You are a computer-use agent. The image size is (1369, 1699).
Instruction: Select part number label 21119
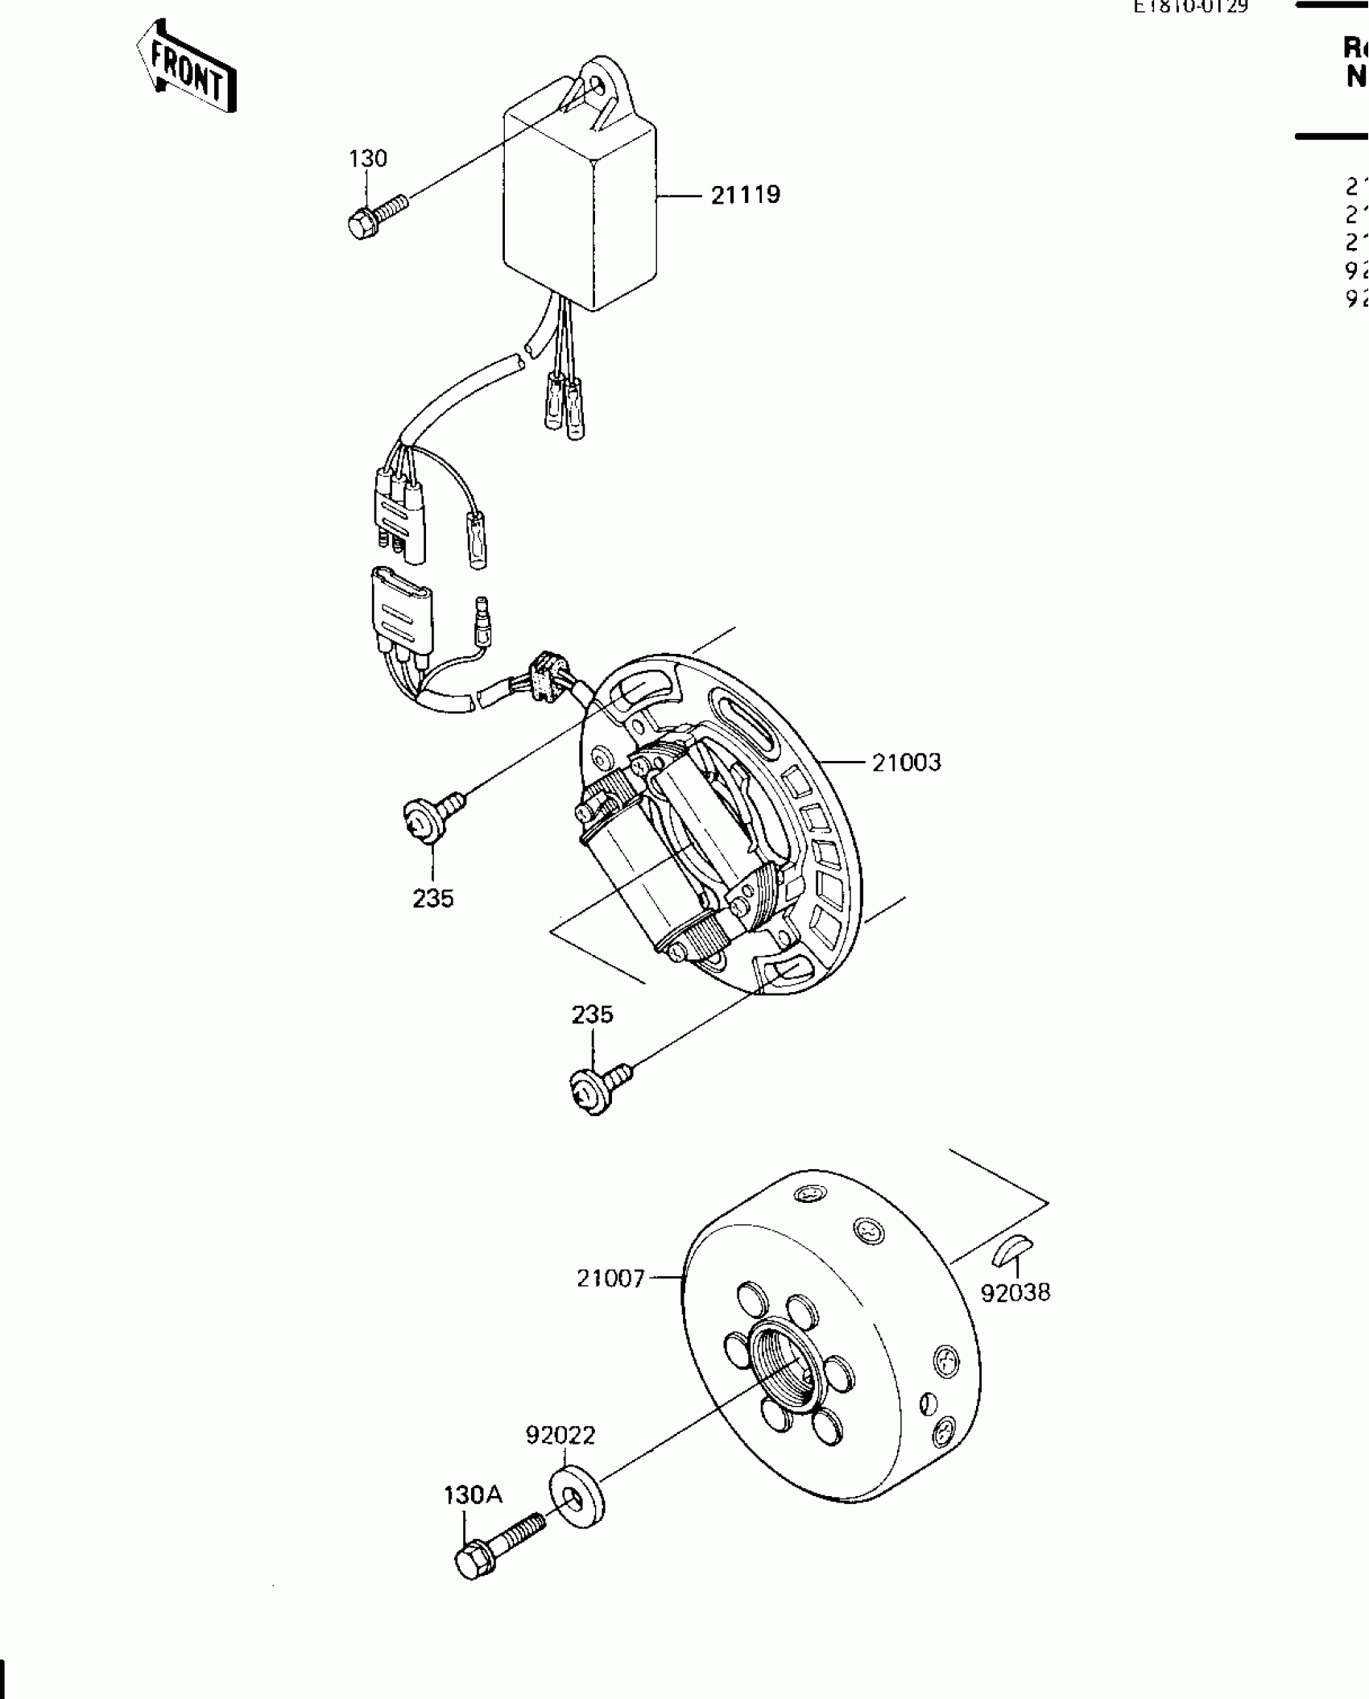coord(745,195)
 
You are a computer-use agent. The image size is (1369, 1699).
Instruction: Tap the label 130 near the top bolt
coord(367,159)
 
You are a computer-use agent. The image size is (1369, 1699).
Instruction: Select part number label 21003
coord(906,762)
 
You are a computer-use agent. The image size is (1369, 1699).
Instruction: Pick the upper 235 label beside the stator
coord(432,898)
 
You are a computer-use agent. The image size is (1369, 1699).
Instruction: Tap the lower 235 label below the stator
coord(592,1014)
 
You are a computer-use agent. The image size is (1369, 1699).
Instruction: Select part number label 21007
coord(610,1278)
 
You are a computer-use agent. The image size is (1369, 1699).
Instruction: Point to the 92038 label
coord(1015,1315)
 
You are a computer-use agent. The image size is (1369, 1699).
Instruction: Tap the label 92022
coord(560,1435)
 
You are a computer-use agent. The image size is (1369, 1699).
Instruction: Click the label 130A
coord(473,1495)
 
